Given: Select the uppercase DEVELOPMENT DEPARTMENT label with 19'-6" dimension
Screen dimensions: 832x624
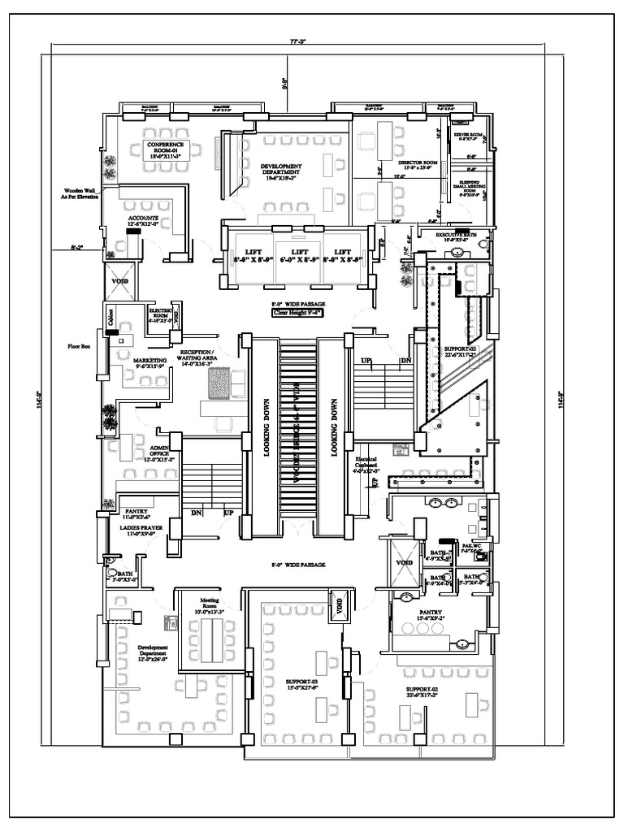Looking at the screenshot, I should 281,170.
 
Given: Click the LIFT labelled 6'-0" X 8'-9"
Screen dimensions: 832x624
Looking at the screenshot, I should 300,255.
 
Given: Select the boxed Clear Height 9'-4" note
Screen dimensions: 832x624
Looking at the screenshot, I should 298,311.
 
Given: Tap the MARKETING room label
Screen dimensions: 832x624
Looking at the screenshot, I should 149,362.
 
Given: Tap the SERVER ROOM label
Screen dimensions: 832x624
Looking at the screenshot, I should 469,136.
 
